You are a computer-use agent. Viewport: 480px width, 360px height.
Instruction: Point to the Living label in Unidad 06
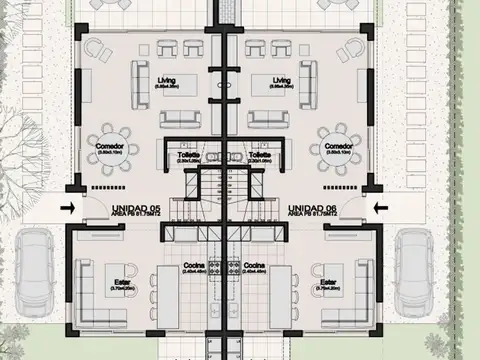[x=281, y=79]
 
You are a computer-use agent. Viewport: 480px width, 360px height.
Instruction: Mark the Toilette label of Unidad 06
[x=260, y=156]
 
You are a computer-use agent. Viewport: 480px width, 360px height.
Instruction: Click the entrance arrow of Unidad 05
[x=66, y=207]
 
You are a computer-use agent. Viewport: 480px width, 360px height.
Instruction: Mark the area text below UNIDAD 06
[x=311, y=214]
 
